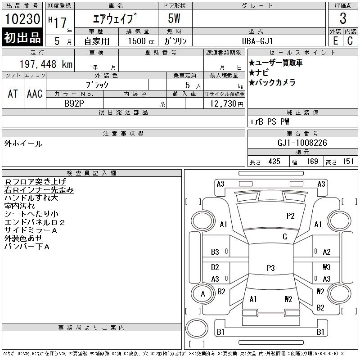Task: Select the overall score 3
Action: pyautogui.click(x=342, y=19)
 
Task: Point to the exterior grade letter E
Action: pyautogui.click(x=335, y=40)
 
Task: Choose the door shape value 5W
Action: pyautogui.click(x=175, y=19)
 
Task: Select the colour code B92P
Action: pyautogui.click(x=74, y=103)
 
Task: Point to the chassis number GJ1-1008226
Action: pyautogui.click(x=302, y=143)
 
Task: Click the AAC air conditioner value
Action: pyautogui.click(x=35, y=94)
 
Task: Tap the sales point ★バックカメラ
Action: pyautogui.click(x=272, y=83)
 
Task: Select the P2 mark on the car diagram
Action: pyautogui.click(x=290, y=216)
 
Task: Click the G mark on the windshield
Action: pyautogui.click(x=284, y=237)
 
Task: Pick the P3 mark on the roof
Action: pyautogui.click(x=270, y=268)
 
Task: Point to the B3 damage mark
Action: pyautogui.click(x=215, y=252)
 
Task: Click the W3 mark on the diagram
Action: pyautogui.click(x=326, y=267)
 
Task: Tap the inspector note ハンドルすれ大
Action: pyautogui.click(x=31, y=198)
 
